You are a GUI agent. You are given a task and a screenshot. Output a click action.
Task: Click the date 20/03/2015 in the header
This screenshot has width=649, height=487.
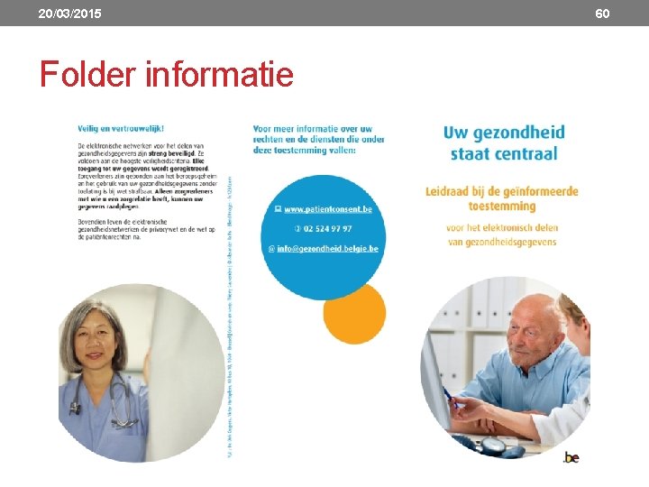(69, 14)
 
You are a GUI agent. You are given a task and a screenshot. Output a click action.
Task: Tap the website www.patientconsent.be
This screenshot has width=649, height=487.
(327, 209)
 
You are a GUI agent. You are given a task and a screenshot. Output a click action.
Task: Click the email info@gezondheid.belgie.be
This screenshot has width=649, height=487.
(327, 249)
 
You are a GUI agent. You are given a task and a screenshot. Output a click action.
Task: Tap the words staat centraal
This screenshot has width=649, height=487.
(503, 154)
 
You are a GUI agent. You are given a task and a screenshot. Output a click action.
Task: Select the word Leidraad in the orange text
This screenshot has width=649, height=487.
(454, 191)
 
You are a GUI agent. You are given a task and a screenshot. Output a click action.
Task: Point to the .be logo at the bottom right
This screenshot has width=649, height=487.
(571, 457)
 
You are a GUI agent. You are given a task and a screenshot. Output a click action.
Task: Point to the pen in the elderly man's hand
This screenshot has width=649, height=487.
(453, 398)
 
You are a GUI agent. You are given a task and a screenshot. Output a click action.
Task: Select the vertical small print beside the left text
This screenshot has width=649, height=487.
(230, 316)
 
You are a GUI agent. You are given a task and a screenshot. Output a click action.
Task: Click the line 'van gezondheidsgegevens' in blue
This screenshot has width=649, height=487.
(502, 243)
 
